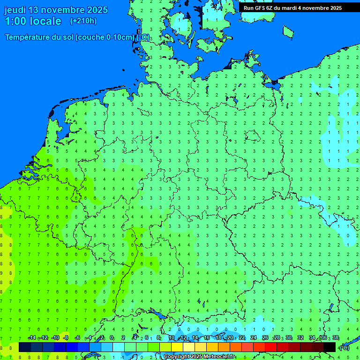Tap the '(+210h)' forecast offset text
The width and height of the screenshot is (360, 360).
point(83,21)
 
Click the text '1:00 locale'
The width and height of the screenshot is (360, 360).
point(33,21)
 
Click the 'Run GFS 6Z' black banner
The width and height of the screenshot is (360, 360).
point(292,8)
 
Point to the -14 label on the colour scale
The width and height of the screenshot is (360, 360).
point(32,337)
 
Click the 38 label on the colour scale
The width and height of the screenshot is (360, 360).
point(335,337)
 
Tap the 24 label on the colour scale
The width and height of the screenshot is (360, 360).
point(254,337)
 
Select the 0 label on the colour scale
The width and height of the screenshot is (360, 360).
point(112,337)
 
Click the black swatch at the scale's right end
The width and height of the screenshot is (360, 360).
point(330,347)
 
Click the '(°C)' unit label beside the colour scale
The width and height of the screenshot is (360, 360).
point(345,347)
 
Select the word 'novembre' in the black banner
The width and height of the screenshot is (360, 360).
point(316,8)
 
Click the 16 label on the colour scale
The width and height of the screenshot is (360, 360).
point(207,337)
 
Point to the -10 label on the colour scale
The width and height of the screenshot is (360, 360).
point(55,337)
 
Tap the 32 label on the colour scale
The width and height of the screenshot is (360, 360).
point(300,337)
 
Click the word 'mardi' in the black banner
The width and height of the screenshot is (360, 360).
point(288,8)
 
